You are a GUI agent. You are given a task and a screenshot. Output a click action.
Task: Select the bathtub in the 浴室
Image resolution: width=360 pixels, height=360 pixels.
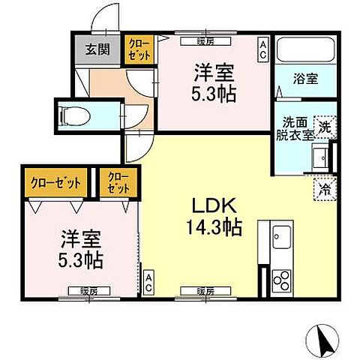(x=306, y=52)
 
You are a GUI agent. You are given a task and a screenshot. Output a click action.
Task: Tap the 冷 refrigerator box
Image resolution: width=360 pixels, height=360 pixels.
(x=324, y=189)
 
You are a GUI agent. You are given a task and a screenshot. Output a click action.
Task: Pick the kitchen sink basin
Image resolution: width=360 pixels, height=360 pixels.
(x=282, y=238)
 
